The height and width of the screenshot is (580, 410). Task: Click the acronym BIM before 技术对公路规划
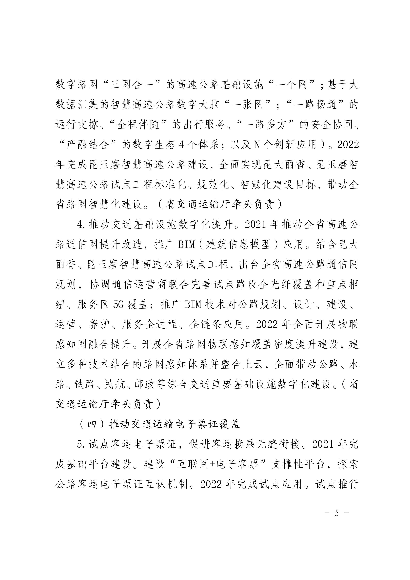[193, 304]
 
